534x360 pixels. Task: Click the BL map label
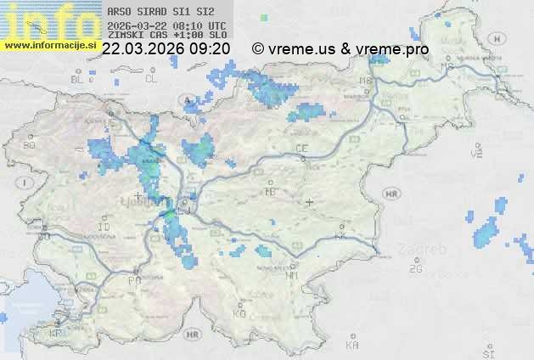(x=79, y=79)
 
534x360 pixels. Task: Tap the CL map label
(x=151, y=79)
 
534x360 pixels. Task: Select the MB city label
(x=366, y=82)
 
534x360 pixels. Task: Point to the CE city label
(x=301, y=149)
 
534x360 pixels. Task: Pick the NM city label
(x=293, y=275)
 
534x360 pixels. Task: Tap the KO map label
(x=239, y=314)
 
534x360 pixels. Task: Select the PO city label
(x=134, y=280)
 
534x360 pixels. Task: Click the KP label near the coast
(x=57, y=334)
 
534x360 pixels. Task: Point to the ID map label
(x=104, y=228)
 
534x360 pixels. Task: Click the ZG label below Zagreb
(x=415, y=269)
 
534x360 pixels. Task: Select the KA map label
(x=352, y=346)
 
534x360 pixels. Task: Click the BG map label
(x=29, y=145)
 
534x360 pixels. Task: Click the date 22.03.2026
(x=141, y=49)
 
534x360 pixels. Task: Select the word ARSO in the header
(x=119, y=12)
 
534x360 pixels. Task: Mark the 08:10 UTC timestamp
(x=200, y=25)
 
